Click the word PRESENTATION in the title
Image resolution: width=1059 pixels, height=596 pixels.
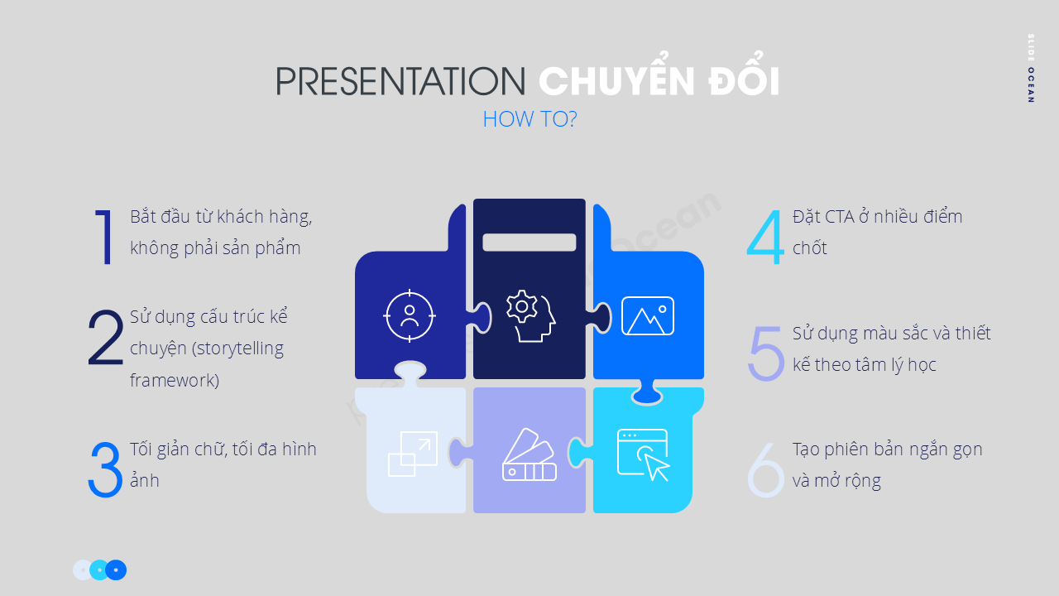pos(400,81)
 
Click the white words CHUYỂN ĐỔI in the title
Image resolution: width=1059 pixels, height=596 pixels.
pos(659,80)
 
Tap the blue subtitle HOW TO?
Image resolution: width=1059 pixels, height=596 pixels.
pos(529,119)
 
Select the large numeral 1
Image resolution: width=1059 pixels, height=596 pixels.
pos(104,237)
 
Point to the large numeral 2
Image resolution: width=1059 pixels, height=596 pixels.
pos(105,339)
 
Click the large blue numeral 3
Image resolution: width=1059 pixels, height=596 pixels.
pos(105,470)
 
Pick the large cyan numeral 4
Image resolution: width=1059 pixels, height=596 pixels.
pos(765,237)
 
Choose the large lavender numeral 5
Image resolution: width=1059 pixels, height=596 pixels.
pos(765,353)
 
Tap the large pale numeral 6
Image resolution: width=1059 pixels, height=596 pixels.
pos(765,470)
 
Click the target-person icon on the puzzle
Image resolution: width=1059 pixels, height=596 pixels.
pos(410,315)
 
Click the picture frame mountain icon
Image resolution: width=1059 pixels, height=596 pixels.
pos(648,315)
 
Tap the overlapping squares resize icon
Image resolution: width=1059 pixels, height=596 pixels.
pos(413,454)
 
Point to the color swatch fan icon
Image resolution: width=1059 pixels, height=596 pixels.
pos(529,454)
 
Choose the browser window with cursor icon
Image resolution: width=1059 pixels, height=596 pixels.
pos(644,454)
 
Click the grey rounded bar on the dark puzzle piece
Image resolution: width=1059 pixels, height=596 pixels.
pos(529,243)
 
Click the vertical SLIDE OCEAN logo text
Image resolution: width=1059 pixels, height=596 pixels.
pos(1030,68)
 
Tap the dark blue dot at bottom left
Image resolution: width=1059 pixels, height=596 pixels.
pos(117,570)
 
